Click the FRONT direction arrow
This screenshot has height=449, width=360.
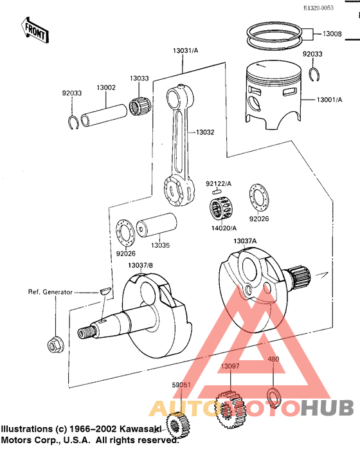pyautogui.click(x=34, y=29)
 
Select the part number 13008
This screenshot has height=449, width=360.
pyautogui.click(x=332, y=33)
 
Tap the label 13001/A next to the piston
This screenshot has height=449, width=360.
pyautogui.click(x=329, y=100)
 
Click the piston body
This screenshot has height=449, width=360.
pyautogui.click(x=273, y=93)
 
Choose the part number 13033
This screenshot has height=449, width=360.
pyautogui.click(x=139, y=78)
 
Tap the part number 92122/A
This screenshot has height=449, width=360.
pyautogui.click(x=219, y=184)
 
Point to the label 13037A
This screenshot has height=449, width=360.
pyautogui.click(x=245, y=241)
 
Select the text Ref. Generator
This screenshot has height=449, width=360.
pyautogui.click(x=50, y=291)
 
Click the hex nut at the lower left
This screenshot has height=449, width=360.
pyautogui.click(x=54, y=344)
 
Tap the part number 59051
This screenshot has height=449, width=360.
pyautogui.click(x=181, y=385)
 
